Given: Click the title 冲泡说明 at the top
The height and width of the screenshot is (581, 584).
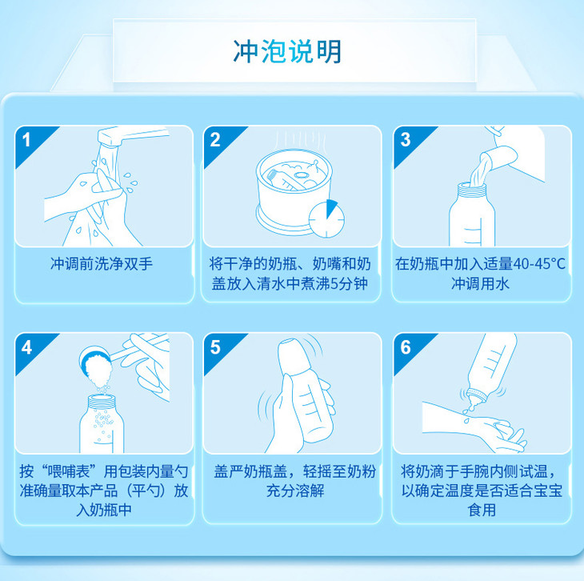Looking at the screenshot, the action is pos(287,51).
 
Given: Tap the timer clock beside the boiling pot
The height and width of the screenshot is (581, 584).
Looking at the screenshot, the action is pos(326,219).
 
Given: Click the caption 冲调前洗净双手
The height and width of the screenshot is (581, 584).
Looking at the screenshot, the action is pos(102,264).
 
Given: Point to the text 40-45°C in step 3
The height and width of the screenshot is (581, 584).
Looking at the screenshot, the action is pos(539,264).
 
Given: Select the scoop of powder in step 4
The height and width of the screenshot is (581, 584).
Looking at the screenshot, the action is pos(96,367).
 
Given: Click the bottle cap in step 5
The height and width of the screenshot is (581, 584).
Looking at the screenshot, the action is pos(294,356).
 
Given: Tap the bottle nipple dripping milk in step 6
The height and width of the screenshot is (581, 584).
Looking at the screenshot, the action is pos(475,399).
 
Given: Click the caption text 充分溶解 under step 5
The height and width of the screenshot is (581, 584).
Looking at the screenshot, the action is pos(295,491).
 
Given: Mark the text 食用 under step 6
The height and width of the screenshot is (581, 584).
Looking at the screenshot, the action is pos(482,510).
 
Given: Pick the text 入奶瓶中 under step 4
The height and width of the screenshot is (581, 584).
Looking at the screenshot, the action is pos(104,510).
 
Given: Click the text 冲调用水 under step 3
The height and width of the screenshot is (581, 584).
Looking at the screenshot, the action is pos(480,283).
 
